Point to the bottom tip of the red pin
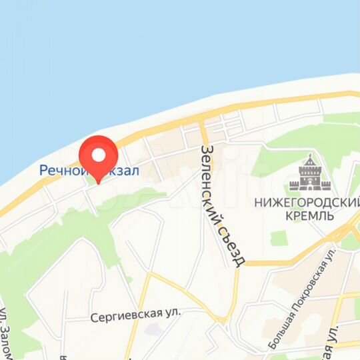[99, 183]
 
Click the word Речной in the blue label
[61, 171]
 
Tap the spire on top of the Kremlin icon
[309, 157]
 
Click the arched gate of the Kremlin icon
[309, 183]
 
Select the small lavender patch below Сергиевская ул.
[152, 329]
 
